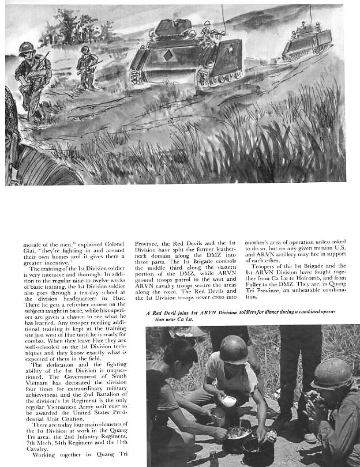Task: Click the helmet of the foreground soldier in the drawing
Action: [25, 47]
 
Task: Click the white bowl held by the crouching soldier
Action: [229, 401]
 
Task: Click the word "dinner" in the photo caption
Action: [277, 312]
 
